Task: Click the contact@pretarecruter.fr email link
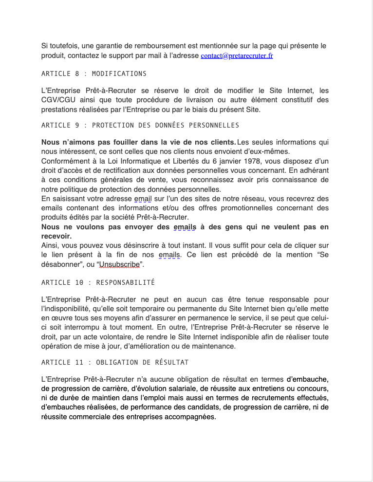pyautogui.click(x=237, y=56)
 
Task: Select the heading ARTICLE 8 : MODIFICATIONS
pyautogui.click(x=94, y=74)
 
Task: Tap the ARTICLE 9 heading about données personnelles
pyautogui.click(x=140, y=125)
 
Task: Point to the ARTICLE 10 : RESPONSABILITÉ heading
pyautogui.click(x=98, y=282)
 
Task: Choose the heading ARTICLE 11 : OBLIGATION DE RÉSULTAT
pyautogui.click(x=115, y=362)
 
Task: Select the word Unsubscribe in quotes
pyautogui.click(x=120, y=265)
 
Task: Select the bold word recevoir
pyautogui.click(x=56, y=236)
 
